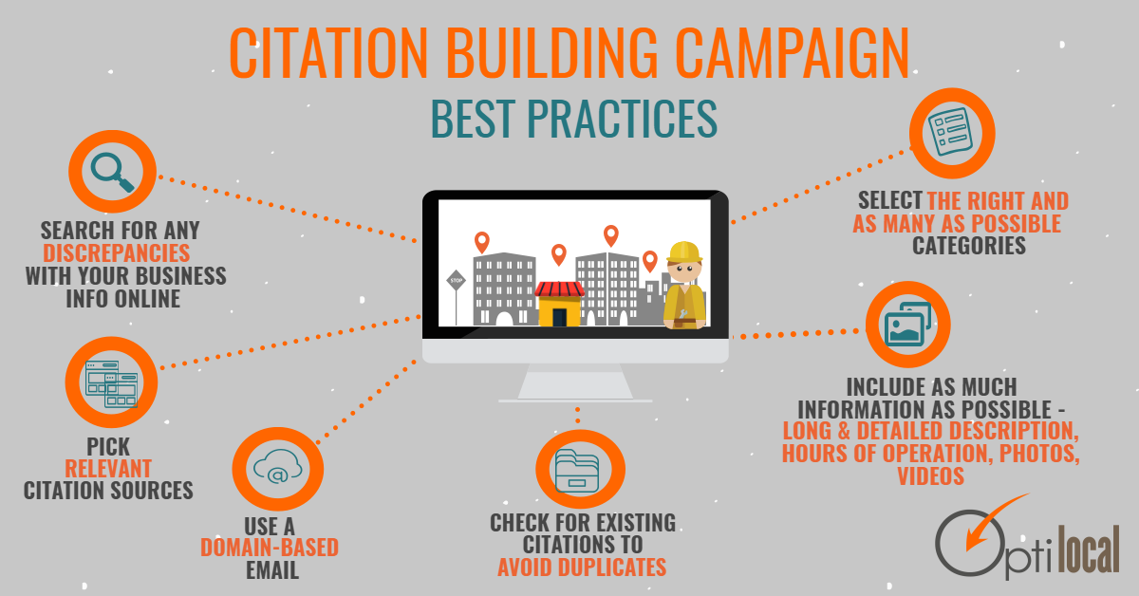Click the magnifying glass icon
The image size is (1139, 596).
(112, 172)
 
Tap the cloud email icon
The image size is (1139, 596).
(277, 467)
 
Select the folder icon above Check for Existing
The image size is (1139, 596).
(577, 471)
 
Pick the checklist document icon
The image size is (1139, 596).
(950, 132)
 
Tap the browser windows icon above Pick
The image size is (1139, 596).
(111, 384)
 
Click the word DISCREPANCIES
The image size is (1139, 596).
(117, 253)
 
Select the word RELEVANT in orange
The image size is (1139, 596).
(108, 469)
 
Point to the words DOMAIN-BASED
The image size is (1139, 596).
(270, 548)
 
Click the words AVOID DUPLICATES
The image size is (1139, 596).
(582, 567)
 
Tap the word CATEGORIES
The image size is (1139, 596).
(969, 246)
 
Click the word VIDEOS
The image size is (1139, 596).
(930, 476)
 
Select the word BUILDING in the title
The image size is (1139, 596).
(552, 53)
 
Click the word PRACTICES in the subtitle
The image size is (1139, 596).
(622, 119)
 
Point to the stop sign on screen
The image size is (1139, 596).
(457, 280)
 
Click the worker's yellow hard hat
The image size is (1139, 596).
(684, 251)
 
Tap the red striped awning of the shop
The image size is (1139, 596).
(559, 289)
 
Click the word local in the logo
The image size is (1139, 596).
(1089, 549)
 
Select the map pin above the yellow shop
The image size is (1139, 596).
(559, 254)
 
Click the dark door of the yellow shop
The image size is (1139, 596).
(559, 317)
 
